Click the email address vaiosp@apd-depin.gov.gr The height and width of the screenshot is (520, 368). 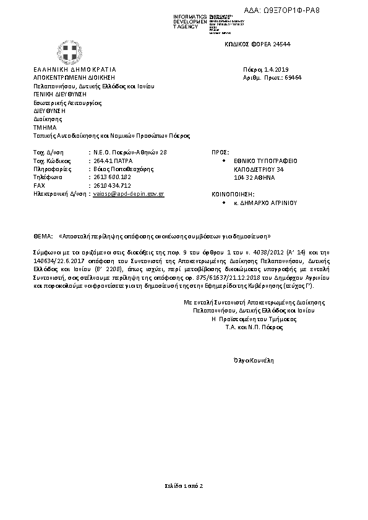coord(128,193)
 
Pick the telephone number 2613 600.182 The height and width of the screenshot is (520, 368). coord(112,177)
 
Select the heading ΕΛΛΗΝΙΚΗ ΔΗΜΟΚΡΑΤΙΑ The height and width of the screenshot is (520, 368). coord(75,69)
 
